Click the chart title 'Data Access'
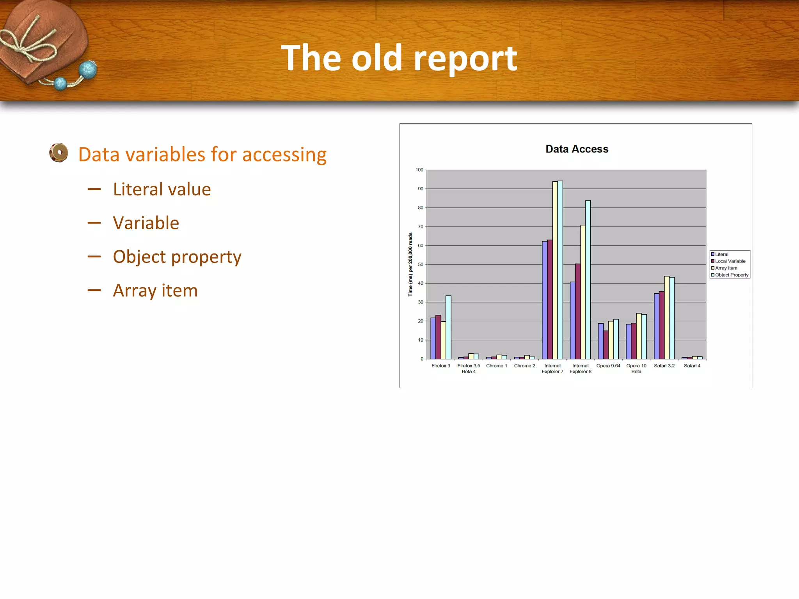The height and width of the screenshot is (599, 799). point(577,149)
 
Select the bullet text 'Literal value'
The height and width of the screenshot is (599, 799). point(162,190)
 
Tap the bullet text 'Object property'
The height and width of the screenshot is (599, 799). point(177,257)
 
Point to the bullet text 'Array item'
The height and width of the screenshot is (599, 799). point(155,291)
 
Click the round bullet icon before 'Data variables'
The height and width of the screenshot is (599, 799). point(59,153)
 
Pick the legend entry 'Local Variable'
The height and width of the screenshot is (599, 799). point(730,261)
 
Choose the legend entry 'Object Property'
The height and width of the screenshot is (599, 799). point(732,275)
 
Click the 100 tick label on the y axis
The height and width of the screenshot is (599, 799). point(419,170)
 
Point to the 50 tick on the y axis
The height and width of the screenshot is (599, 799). point(421,264)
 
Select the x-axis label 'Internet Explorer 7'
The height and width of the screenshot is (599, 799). point(552,369)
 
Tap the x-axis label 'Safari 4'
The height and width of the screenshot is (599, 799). point(692,366)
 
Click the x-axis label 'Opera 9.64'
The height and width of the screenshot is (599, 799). point(608,366)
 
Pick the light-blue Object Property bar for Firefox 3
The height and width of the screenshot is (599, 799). point(449,327)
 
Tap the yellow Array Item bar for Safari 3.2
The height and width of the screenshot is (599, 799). point(667,317)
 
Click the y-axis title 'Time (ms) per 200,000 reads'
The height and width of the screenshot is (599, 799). point(410,264)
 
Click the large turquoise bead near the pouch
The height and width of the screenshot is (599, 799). point(88,70)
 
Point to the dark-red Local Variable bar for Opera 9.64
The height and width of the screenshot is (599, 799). point(606,345)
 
